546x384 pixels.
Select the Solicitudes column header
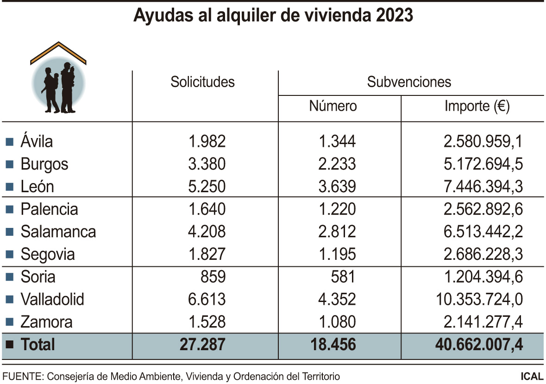click(202, 82)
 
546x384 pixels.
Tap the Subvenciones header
click(409, 82)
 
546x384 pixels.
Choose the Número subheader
click(333, 106)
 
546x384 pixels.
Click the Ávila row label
click(37, 141)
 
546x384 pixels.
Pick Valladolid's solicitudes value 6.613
click(207, 299)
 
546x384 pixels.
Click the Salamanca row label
click(58, 232)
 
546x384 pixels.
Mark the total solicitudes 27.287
click(203, 345)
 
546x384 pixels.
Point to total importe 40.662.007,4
click(479, 345)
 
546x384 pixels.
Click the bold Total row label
click(38, 345)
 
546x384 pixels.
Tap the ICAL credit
click(532, 376)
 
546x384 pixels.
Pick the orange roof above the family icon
click(58, 52)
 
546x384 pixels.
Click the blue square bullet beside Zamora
click(9, 322)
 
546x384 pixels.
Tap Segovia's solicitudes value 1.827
click(207, 254)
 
